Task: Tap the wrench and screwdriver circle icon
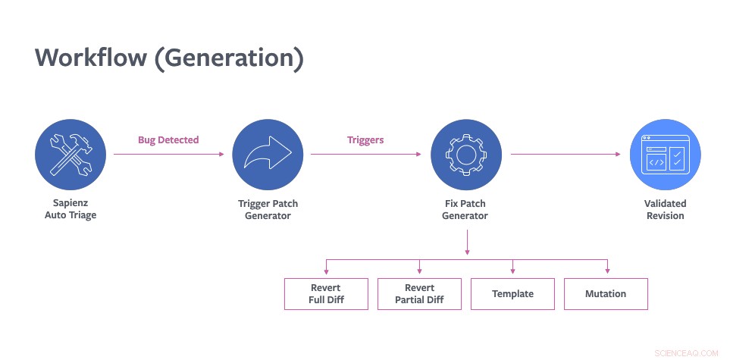tap(70, 155)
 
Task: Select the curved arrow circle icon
tap(268, 155)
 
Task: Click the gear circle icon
tap(465, 155)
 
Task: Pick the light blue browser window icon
tap(664, 155)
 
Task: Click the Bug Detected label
tap(168, 140)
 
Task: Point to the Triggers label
tap(365, 140)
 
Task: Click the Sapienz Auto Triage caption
tap(70, 209)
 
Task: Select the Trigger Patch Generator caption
tap(268, 209)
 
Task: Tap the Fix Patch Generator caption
tap(465, 209)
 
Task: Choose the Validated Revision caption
tap(664, 209)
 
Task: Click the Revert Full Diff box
tap(326, 293)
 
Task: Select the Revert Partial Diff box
tap(419, 293)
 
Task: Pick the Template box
tap(512, 293)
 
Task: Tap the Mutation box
tap(606, 293)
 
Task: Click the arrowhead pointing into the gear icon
tap(418, 155)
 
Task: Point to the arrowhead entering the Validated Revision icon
tap(617, 155)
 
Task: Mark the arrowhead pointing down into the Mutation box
tap(606, 272)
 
